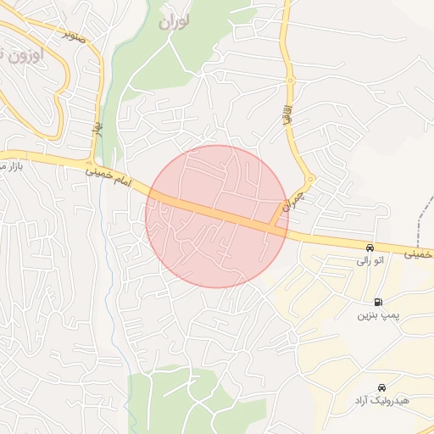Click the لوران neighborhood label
pos(174,20)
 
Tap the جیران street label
pos(292,200)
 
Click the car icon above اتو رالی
pos(370,248)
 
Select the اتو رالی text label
pos(369,262)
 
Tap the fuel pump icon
pos(377,302)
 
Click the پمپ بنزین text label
pos(376,315)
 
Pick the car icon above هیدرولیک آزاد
pos(382,386)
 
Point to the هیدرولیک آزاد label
pos(382,399)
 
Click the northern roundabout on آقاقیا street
pos(290,81)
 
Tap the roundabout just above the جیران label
pos(310,179)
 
